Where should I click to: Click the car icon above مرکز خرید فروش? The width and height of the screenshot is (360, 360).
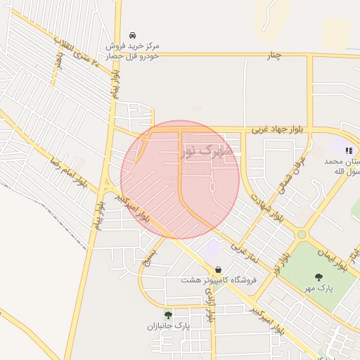(x=132, y=36)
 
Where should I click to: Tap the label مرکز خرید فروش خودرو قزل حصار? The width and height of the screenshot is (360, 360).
(x=132, y=51)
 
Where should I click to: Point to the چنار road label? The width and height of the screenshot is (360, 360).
(x=273, y=56)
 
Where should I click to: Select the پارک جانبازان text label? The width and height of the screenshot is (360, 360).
(x=169, y=326)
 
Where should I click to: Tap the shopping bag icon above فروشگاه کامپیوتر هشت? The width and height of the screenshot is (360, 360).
(x=219, y=269)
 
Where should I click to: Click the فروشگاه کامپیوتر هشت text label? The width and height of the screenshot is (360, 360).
(x=219, y=280)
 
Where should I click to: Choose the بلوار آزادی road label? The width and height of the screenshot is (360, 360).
(x=210, y=303)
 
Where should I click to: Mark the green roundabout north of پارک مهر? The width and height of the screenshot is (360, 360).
(x=302, y=234)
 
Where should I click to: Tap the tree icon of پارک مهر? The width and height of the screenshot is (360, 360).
(x=319, y=276)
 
